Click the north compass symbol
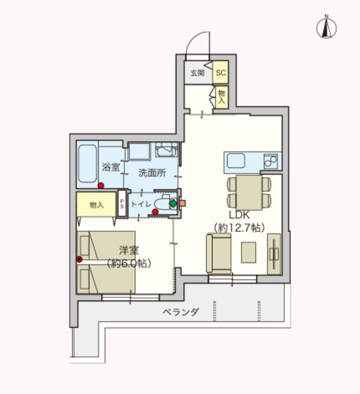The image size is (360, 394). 326,27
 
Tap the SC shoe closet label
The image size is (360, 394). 221,73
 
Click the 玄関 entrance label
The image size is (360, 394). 197,73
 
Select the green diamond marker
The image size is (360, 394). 173,204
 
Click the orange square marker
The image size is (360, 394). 183,204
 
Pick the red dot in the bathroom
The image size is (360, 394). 101,185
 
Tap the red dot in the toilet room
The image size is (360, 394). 155,212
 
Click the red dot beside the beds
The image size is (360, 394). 79,259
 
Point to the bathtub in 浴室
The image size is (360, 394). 87,164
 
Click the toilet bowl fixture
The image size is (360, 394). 163,202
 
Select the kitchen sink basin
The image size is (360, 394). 236,161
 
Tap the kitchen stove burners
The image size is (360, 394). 271,162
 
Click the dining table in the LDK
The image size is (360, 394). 249,192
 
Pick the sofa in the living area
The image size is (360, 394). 219,253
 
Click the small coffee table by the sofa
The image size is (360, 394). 248,252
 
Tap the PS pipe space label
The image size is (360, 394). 122,204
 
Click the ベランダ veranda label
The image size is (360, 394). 181,312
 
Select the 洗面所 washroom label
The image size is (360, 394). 152,173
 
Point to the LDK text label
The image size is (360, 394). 239,215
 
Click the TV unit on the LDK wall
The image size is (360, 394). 274,253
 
